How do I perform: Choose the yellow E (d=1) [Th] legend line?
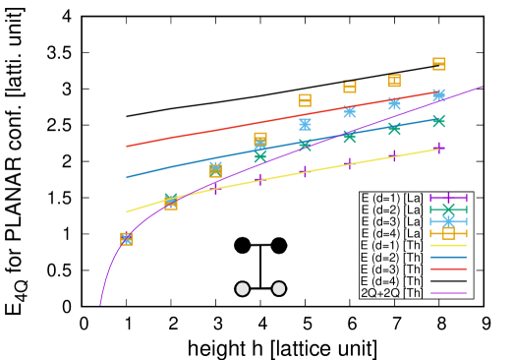[x=448, y=245]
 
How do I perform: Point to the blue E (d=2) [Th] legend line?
[x=448, y=257]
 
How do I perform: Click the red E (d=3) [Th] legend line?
[x=448, y=269]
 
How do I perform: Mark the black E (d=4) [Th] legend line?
[x=448, y=280]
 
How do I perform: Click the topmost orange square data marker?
[x=439, y=64]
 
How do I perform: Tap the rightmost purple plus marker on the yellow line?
[x=439, y=149]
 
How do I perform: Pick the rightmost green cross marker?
[x=439, y=121]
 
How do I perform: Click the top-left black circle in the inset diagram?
[x=243, y=245]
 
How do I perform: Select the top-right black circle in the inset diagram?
[x=279, y=245]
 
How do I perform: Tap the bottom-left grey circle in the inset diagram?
[x=243, y=288]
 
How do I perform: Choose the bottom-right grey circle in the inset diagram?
[x=279, y=288]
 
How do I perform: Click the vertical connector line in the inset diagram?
[x=260, y=267]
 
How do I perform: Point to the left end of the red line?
[x=127, y=147]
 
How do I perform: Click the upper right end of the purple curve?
[x=482, y=87]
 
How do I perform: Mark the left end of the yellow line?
[x=127, y=211]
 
